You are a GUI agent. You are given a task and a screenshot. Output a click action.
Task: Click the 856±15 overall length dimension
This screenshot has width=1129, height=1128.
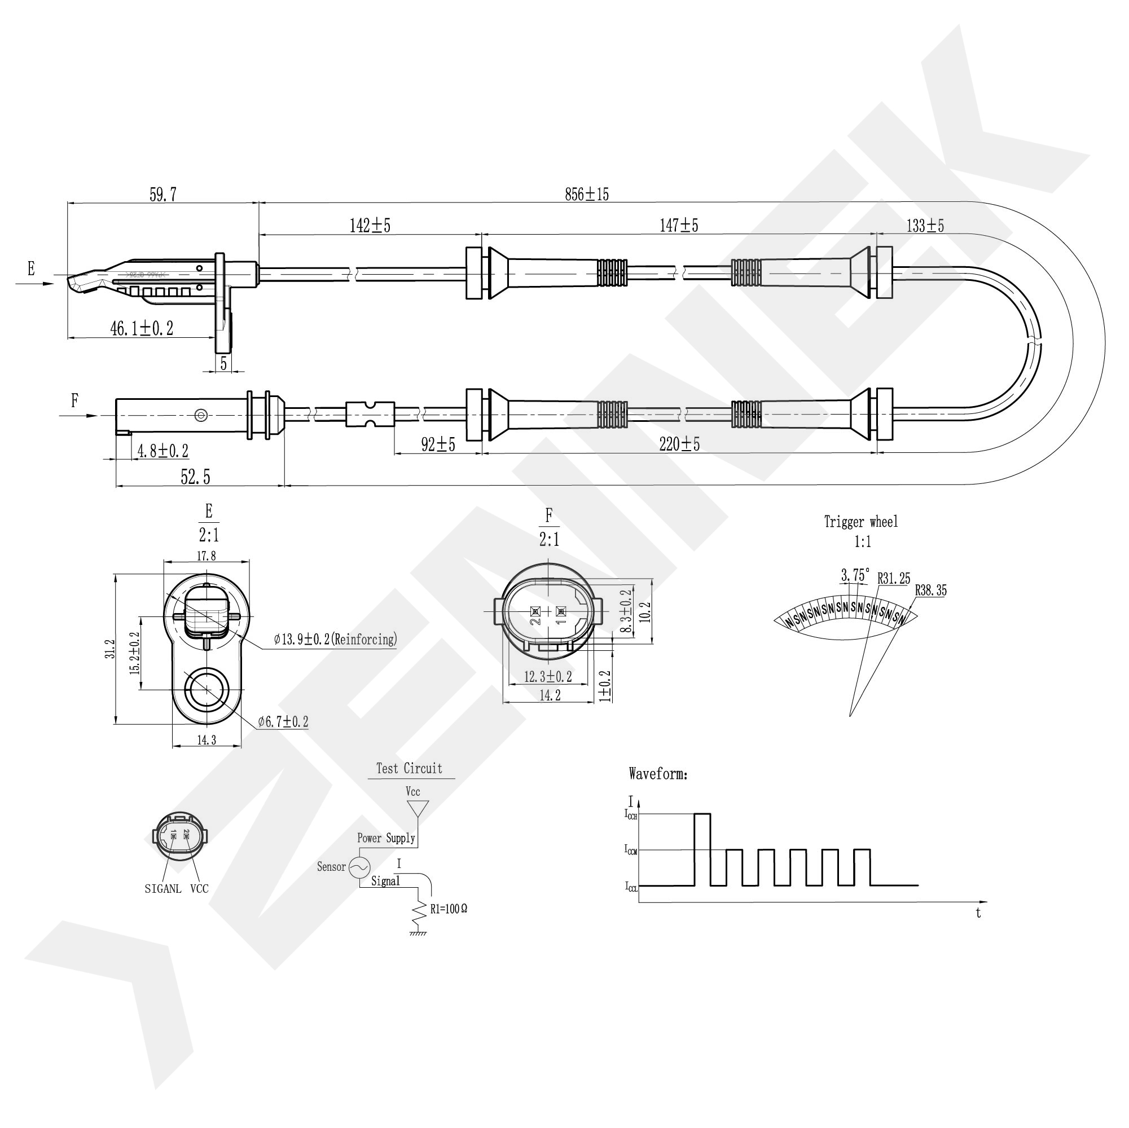click(x=587, y=195)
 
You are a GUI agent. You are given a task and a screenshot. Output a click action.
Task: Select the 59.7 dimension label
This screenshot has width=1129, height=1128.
click(x=162, y=195)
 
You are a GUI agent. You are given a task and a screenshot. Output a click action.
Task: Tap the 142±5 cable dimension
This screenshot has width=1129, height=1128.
click(x=370, y=226)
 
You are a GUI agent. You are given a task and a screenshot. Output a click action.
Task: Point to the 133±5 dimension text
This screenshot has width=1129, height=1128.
click(x=925, y=226)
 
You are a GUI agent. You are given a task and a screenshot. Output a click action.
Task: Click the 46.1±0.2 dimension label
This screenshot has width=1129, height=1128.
click(x=142, y=328)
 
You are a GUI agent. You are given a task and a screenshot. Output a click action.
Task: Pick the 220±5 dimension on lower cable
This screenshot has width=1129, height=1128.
click(x=679, y=444)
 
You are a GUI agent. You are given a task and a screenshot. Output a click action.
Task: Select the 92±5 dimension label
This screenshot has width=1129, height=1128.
click(x=438, y=445)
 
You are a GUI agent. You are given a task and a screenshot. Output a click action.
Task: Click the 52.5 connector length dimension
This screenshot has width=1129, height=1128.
click(x=195, y=478)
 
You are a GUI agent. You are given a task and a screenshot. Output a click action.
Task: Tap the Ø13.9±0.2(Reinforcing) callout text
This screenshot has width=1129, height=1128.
click(x=335, y=639)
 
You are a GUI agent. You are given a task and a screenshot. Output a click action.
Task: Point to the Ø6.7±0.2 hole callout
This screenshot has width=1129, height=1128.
click(x=283, y=722)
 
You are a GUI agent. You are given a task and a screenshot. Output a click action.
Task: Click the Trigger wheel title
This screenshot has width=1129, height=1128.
click(x=861, y=522)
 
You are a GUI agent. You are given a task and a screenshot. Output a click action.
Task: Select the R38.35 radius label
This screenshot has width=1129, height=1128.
click(x=931, y=591)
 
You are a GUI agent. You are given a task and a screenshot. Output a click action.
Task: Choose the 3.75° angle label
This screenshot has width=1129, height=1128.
click(x=855, y=575)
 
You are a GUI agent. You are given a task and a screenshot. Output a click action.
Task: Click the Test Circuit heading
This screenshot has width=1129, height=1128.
click(x=409, y=769)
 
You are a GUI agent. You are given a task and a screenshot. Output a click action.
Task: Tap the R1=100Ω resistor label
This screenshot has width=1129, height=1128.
click(x=449, y=910)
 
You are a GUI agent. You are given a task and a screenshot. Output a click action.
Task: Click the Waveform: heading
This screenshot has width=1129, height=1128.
click(x=658, y=774)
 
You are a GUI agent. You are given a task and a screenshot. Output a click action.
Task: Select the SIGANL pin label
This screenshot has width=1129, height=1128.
click(x=163, y=889)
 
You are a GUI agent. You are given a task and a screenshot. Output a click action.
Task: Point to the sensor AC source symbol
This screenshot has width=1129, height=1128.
click(x=359, y=867)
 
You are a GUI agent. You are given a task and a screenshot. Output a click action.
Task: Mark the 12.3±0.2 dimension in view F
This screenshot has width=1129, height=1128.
click(x=547, y=676)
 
